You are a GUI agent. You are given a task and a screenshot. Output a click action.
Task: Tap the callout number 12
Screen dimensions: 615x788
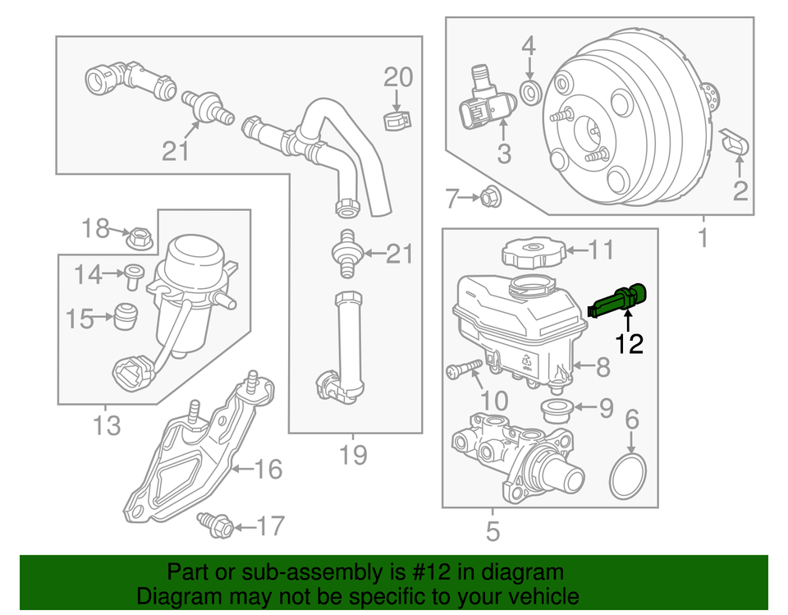click(x=630, y=343)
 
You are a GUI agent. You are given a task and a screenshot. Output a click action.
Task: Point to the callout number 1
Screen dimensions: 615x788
click(x=703, y=241)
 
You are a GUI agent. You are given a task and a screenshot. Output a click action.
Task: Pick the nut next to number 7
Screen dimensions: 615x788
click(x=489, y=197)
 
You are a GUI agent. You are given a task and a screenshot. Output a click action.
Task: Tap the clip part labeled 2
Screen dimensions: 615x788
click(x=735, y=143)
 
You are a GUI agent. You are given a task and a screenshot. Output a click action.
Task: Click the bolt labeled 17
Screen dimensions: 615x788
click(x=218, y=525)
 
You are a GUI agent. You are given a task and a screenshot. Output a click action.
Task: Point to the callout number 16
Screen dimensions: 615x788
click(x=268, y=470)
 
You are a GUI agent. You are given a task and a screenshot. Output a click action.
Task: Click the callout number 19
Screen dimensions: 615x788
click(x=353, y=454)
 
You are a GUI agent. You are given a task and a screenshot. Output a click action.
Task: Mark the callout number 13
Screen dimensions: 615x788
click(x=107, y=425)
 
